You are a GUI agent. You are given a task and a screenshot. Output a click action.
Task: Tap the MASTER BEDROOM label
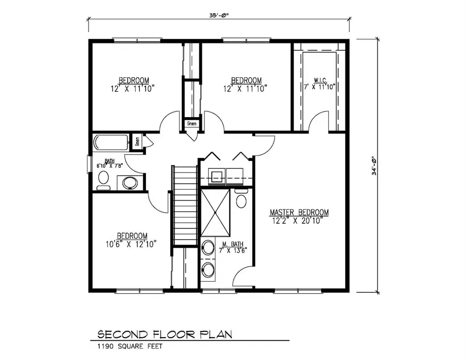point(299,212)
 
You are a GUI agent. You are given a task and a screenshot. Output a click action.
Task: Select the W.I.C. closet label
point(319,80)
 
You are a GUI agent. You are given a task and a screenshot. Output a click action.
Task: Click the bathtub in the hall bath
point(111,143)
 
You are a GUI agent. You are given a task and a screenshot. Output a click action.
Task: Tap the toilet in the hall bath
point(104,180)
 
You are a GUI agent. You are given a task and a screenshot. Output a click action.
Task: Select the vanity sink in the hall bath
point(128,182)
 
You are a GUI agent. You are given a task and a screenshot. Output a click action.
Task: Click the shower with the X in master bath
point(213,212)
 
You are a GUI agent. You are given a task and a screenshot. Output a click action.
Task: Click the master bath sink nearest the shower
point(208,248)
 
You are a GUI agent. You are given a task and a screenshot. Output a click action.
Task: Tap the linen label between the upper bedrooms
point(192,124)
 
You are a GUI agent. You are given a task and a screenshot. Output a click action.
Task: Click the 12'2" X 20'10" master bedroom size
point(299,221)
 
